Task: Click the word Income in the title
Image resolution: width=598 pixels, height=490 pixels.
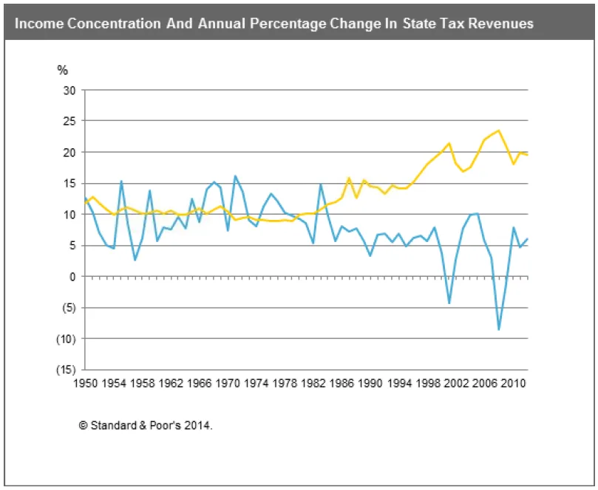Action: coord(37,24)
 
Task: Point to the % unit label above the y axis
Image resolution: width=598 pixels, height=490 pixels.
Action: coord(62,70)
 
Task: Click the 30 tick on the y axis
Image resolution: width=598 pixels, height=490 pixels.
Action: coord(69,90)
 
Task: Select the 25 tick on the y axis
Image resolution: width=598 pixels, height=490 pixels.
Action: coord(69,121)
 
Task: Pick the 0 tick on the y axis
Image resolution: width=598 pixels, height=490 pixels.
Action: coord(72,277)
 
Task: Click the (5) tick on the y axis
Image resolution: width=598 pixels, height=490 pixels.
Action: coord(69,308)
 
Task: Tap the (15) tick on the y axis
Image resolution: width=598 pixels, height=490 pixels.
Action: coord(67,370)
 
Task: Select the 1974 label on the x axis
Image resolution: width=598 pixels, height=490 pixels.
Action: coord(256,383)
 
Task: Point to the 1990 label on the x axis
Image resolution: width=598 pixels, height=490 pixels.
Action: coord(370,383)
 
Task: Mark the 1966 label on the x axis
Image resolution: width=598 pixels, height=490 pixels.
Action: coord(199,383)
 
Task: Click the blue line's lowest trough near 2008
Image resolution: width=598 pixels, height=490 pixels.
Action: coord(499,330)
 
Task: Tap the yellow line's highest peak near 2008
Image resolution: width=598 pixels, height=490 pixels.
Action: coord(498,131)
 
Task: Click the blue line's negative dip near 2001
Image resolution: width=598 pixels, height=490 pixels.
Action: coord(449,303)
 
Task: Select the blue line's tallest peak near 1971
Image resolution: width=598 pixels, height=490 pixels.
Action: coord(235,176)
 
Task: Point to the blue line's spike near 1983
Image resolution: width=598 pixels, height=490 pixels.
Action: coord(321,184)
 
